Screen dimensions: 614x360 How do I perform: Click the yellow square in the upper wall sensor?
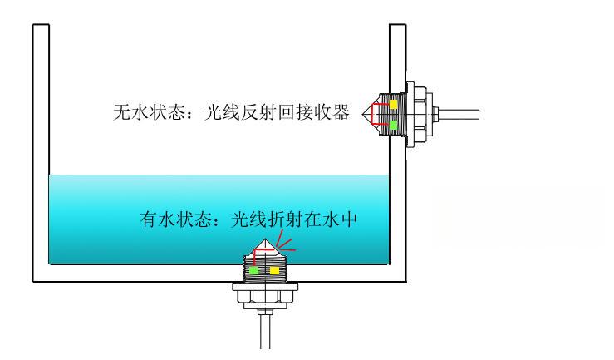[x=393, y=106]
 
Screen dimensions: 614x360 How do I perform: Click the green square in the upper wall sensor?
[x=393, y=125]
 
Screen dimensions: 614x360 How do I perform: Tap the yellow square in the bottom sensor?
[x=274, y=270]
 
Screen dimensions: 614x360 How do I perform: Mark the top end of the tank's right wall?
[x=398, y=27]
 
